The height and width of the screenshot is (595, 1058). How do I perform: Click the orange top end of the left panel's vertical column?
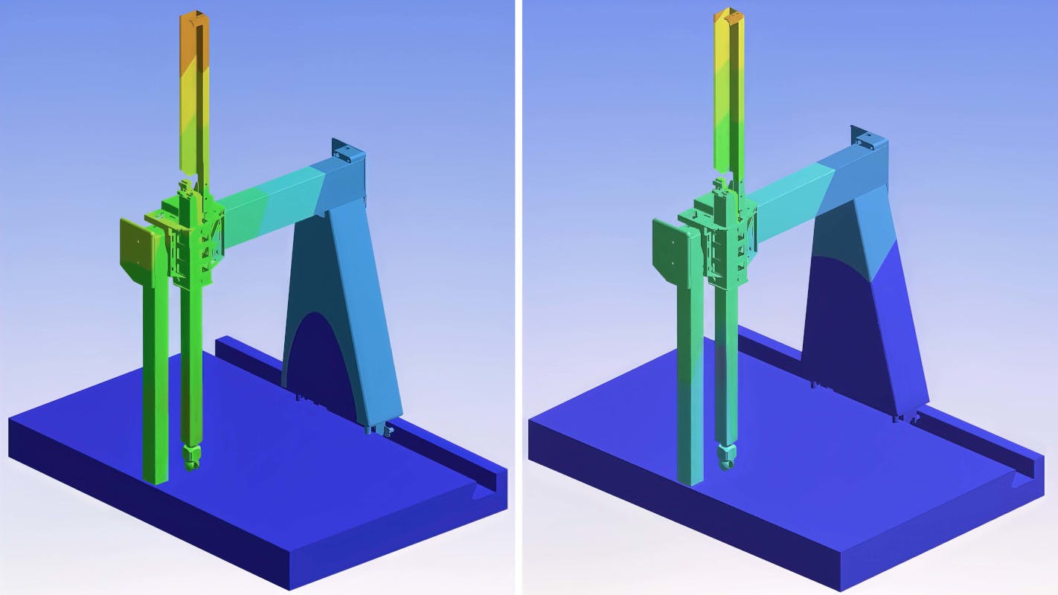(195, 30)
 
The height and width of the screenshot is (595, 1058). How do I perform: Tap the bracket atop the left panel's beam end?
(347, 152)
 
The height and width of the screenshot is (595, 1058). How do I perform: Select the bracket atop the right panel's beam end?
(868, 138)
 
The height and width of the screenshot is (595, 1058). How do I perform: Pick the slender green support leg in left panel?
(156, 387)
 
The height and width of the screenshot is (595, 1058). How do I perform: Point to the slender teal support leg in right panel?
(689, 387)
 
